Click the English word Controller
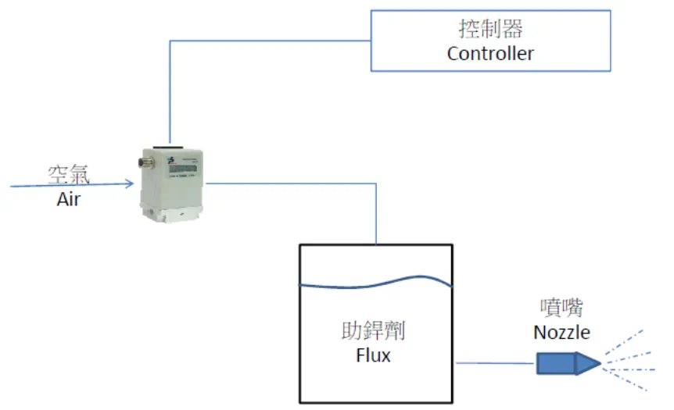[490, 54]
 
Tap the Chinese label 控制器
[490, 30]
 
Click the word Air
[69, 199]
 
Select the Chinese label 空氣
[69, 174]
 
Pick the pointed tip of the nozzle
[598, 363]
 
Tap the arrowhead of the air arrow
[129, 184]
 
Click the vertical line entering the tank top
[377, 219]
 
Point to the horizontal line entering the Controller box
[270, 40]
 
